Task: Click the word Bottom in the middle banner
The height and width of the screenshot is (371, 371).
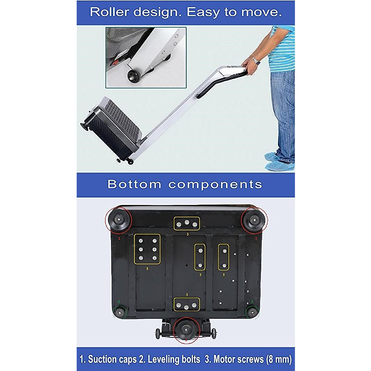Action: point(134,184)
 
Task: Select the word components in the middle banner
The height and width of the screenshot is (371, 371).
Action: point(215,184)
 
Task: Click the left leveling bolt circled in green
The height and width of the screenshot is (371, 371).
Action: point(119,312)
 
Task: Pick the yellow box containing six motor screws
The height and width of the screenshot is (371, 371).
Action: point(147,249)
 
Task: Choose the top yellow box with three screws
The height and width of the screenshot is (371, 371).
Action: point(187,224)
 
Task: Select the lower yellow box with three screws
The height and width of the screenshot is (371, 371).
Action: point(186,305)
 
